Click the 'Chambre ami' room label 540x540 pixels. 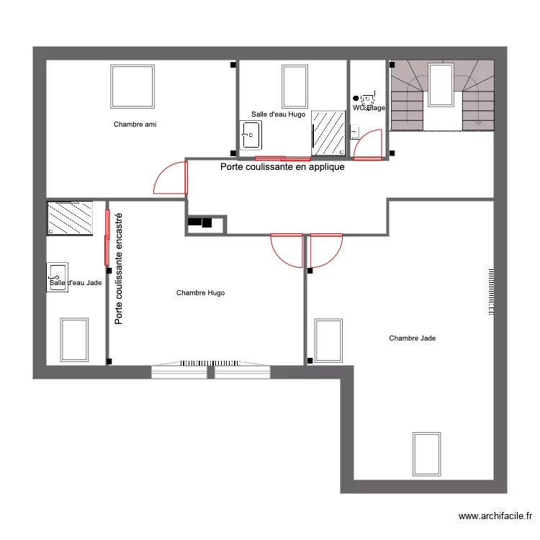pyautogui.click(x=135, y=125)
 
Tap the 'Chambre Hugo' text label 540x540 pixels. pyautogui.click(x=200, y=293)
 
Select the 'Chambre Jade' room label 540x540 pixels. pyautogui.click(x=412, y=338)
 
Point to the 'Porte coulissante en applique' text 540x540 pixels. pyautogui.click(x=282, y=166)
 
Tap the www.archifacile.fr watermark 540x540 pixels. pyautogui.click(x=495, y=516)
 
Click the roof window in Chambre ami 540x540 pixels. pyautogui.click(x=132, y=86)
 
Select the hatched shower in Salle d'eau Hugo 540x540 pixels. pyautogui.click(x=328, y=133)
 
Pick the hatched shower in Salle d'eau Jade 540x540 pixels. pyautogui.click(x=70, y=218)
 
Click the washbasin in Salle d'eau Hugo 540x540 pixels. pyautogui.click(x=251, y=135)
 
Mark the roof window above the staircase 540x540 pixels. pyautogui.click(x=440, y=84)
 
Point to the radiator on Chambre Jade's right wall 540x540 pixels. pyautogui.click(x=491, y=292)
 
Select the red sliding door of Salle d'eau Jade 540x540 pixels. pyautogui.click(x=107, y=237)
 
